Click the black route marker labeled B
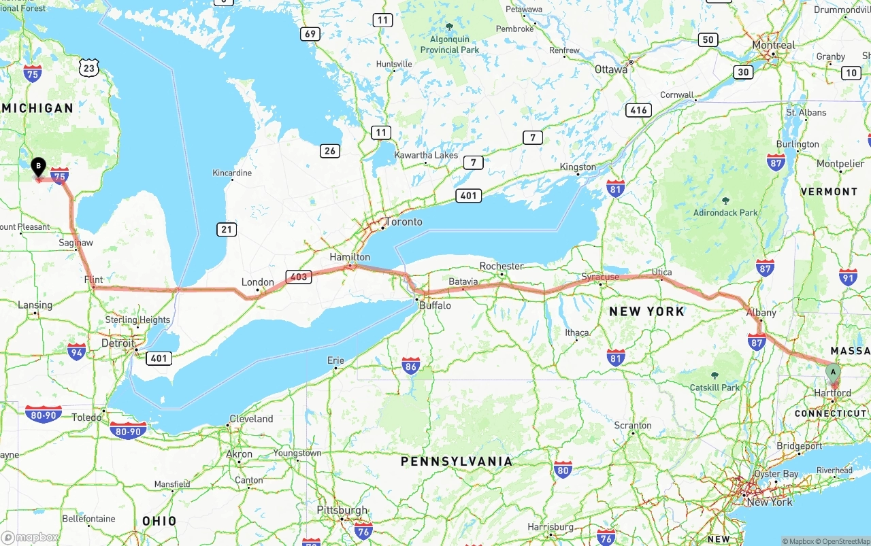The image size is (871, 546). point(39,166)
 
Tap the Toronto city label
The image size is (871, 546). point(404,222)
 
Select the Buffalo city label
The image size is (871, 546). point(435,305)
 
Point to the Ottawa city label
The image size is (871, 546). point(611,69)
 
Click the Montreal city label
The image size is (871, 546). point(773,45)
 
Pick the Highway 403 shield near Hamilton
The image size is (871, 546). point(299,277)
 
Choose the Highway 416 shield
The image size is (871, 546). point(639,110)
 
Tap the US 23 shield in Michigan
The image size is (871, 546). point(88,67)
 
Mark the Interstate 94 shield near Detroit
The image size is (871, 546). point(77,352)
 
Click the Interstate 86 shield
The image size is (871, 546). point(411,366)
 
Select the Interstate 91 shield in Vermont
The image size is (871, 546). point(848,277)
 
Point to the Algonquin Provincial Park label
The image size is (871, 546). point(449,45)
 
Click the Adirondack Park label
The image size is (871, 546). point(725,212)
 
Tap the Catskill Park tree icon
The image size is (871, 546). point(714,375)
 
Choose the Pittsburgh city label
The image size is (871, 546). point(342,510)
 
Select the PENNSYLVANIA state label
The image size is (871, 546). point(456,462)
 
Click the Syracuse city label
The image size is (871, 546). point(600,277)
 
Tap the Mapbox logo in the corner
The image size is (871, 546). point(31,537)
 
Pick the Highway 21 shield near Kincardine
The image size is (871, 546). point(227,229)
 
